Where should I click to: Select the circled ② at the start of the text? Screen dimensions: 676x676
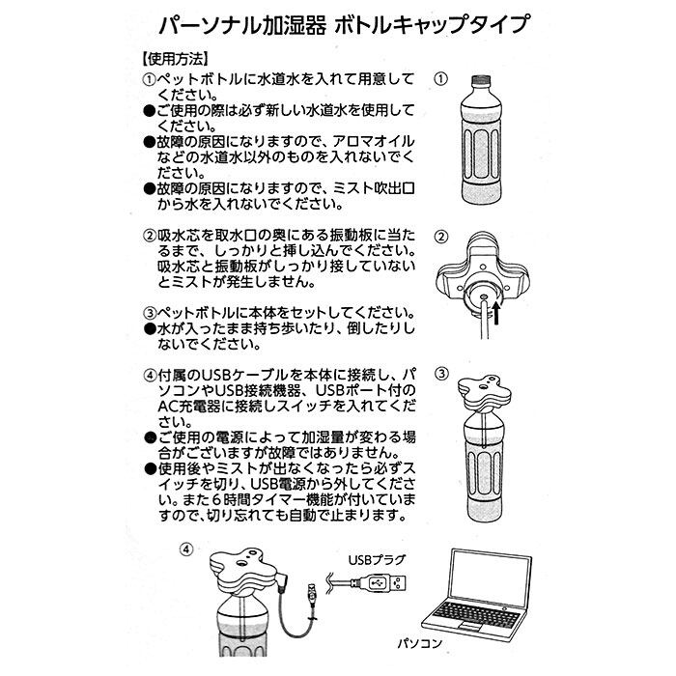pos(151,237)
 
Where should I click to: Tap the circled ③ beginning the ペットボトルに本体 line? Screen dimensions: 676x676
pos(151,314)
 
